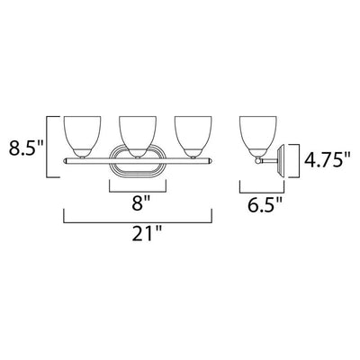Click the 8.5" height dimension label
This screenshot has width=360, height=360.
26,148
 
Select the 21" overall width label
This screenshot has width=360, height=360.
147,233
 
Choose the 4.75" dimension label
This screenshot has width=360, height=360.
328,159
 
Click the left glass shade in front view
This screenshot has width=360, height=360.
82,137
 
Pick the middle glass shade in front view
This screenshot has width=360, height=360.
138,137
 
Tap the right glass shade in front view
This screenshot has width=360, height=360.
193,137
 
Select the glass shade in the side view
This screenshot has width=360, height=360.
257,137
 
